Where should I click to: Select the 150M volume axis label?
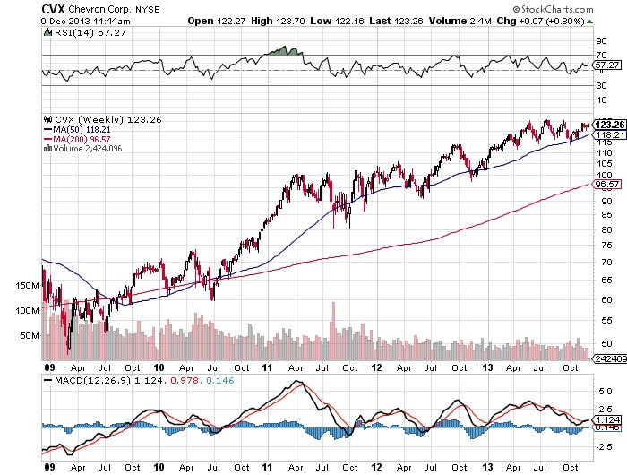(27, 286)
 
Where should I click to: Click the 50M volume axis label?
(30, 335)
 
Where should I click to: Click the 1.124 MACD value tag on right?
(606, 419)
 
